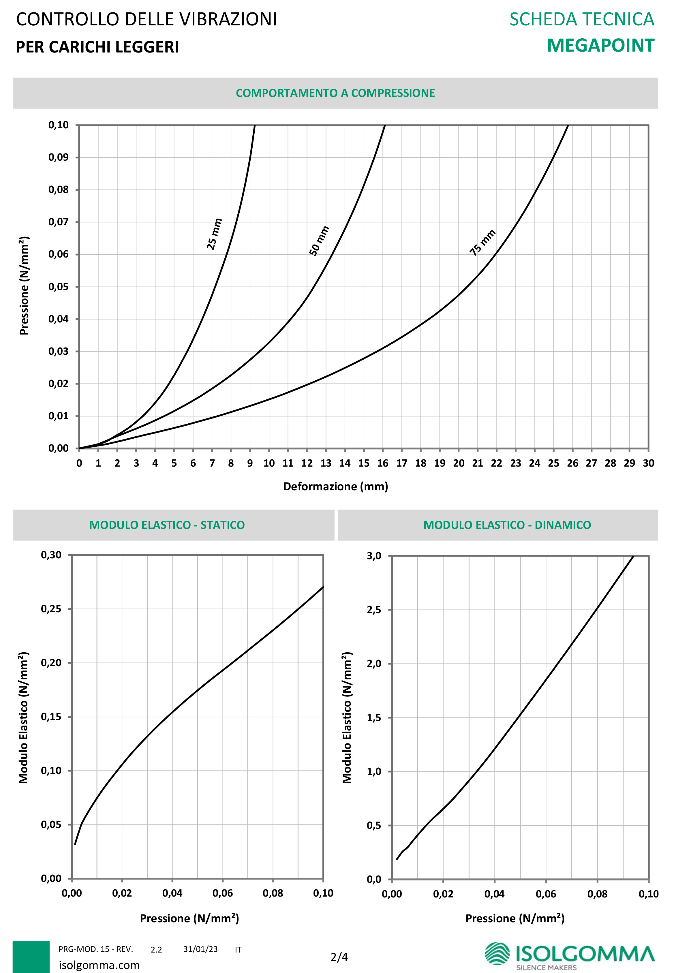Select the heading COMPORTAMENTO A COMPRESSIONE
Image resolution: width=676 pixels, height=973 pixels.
(335, 93)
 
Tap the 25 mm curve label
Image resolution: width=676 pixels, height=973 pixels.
(214, 234)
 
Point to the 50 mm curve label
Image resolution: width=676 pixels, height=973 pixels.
(319, 241)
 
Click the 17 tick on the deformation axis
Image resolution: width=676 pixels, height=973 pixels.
(401, 463)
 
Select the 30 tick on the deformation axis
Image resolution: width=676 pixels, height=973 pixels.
(648, 463)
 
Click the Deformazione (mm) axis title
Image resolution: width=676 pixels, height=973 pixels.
(335, 486)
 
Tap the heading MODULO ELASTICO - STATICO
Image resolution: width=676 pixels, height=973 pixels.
(167, 525)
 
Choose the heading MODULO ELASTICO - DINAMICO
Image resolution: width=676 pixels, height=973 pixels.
(507, 525)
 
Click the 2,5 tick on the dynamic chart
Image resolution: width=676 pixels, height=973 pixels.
(374, 610)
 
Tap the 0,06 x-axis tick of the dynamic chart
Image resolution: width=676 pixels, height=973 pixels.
(546, 894)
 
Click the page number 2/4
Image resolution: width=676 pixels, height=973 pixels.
(339, 957)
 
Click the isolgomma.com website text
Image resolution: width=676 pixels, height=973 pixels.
(99, 965)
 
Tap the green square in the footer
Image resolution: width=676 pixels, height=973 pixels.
(31, 957)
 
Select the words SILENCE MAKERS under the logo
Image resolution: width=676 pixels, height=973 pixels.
(547, 968)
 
